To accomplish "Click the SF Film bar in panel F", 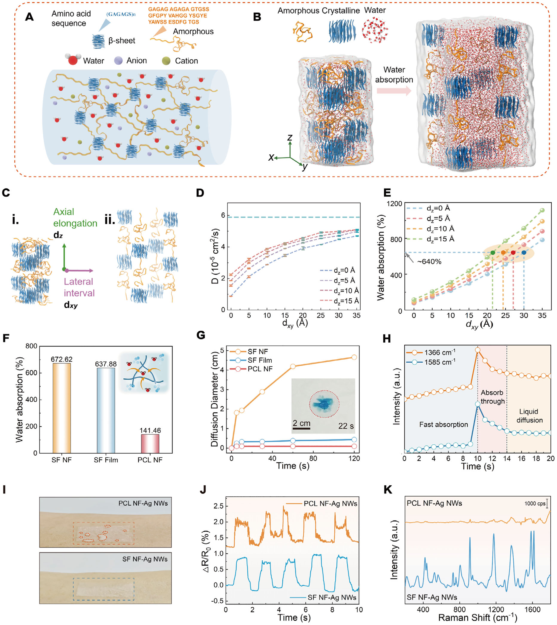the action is coord(106,410).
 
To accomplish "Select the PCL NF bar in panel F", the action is coord(150,444).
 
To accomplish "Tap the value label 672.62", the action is coord(62,359).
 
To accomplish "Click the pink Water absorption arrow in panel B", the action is coord(394,91).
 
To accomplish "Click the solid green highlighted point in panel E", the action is coord(492,253).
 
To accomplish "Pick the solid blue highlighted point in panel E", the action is coord(524,253).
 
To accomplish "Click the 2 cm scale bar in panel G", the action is coord(301,428).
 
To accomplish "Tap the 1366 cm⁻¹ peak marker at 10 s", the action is coord(478,350).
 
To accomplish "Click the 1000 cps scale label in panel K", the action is coord(535,503).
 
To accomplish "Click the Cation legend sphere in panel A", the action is coord(166,61).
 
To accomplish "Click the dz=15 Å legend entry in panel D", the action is coord(339,301).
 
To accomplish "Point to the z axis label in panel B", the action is coord(290,137).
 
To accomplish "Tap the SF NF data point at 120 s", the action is coord(354,357).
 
